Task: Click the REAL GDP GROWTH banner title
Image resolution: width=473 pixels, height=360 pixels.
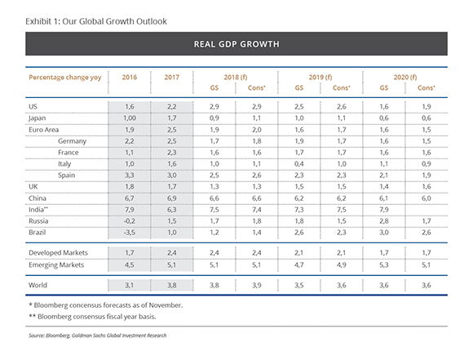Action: (236, 44)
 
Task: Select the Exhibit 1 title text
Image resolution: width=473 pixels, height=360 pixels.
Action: (96, 21)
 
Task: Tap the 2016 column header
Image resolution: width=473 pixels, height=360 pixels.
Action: (130, 78)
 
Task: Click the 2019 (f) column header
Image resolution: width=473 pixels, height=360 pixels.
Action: (320, 78)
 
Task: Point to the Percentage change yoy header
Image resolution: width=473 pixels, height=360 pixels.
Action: (65, 78)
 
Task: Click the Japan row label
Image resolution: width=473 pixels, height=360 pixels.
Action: (37, 118)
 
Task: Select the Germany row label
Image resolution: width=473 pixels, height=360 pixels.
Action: (72, 141)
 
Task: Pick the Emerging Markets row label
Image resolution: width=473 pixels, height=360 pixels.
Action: (56, 264)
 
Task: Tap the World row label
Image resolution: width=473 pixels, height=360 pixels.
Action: (38, 285)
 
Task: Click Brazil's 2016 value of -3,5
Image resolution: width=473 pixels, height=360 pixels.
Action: (130, 233)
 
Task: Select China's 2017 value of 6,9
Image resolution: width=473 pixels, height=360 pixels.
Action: (172, 198)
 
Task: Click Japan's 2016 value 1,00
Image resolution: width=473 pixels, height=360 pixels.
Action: (130, 118)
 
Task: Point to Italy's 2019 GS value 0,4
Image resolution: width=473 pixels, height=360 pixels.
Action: (299, 164)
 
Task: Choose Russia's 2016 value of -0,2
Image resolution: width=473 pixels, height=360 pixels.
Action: (130, 221)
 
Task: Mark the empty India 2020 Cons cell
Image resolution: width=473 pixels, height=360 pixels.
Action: (427, 210)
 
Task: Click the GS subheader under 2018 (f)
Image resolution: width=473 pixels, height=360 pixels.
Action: (214, 88)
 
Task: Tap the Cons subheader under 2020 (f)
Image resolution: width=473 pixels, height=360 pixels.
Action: (427, 88)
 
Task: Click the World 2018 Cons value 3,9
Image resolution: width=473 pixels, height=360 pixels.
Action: (257, 285)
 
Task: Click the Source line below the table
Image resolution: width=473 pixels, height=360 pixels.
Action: (97, 336)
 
